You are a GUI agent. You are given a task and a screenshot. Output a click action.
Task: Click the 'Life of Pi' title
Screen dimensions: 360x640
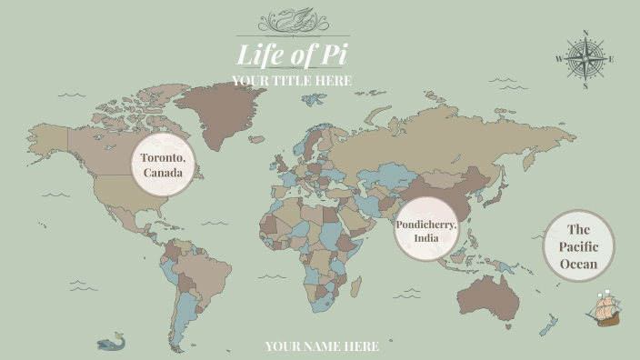tap(291, 55)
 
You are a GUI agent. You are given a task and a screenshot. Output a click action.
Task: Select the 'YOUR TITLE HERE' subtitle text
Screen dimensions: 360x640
tap(291, 81)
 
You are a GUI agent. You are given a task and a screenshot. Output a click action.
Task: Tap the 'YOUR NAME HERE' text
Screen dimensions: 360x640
tap(322, 346)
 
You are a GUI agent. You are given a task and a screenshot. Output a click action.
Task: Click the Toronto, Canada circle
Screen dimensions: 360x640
tap(164, 165)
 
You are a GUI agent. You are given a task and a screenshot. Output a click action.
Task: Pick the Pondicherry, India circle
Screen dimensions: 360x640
tap(426, 230)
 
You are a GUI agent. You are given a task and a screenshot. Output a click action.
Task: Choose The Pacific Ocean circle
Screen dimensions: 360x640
tap(579, 246)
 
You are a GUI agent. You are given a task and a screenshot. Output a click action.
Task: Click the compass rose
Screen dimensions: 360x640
tap(585, 60)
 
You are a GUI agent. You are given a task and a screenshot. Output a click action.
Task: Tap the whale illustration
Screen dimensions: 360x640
tap(111, 342)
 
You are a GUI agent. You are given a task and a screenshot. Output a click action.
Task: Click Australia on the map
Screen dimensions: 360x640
tap(487, 293)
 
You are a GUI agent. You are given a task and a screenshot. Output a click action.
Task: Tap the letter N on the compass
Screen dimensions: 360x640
tap(585, 34)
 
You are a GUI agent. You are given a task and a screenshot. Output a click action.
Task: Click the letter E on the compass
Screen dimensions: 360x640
tap(612, 60)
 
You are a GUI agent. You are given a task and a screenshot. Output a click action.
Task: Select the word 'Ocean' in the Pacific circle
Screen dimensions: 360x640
tap(579, 265)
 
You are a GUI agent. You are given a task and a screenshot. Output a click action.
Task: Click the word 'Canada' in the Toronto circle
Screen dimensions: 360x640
tap(164, 173)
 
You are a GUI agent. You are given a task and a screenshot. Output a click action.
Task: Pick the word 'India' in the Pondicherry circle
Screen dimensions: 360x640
tap(426, 238)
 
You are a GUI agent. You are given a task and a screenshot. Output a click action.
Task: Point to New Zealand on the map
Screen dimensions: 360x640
tap(548, 324)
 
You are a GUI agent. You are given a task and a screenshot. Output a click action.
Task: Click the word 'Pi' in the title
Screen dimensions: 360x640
tap(330, 55)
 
